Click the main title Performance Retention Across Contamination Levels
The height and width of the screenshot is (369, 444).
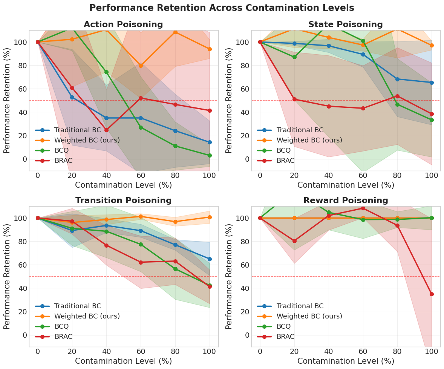coord(222,8)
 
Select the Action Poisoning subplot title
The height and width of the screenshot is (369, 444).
coord(123,24)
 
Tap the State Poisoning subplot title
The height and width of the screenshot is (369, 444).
coord(345,24)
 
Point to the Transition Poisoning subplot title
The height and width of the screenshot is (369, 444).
coord(123,201)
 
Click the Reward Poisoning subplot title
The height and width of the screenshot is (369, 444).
coord(345,201)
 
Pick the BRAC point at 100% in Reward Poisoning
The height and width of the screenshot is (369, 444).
coord(432,294)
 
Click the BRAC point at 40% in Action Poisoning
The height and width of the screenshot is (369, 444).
coord(106,130)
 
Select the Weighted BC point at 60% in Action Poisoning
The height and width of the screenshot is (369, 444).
coord(141,65)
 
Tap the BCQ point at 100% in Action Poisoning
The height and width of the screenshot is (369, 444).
coord(210,155)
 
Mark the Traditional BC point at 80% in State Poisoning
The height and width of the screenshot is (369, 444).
coord(397,79)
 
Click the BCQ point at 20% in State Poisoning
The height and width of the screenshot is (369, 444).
coord(294,57)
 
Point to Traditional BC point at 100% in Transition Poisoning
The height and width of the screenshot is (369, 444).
coord(210,259)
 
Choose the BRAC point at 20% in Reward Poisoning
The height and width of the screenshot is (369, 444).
coord(294,241)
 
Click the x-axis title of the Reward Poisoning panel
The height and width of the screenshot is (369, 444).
coord(346,361)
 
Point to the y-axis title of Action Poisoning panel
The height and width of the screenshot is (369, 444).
coord(7,101)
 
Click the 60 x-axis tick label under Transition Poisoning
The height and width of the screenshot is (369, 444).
coord(141,351)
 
